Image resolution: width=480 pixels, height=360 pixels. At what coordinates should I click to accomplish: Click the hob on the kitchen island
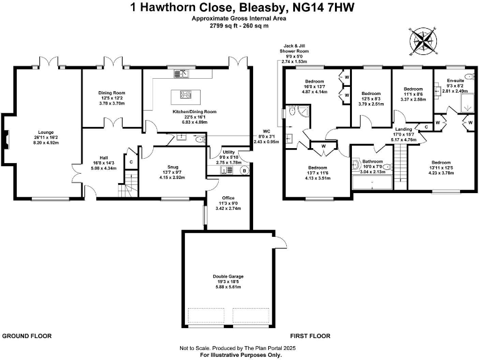[186, 95]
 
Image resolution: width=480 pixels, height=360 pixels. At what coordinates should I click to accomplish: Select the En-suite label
[454, 81]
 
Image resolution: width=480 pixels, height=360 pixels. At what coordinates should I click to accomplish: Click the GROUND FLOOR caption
[27, 336]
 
